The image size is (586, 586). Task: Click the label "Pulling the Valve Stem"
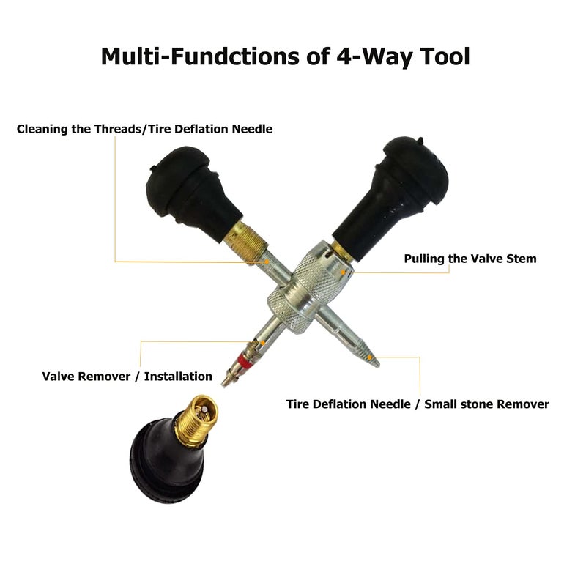[x=470, y=259]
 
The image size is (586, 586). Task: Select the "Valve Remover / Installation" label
[x=127, y=377]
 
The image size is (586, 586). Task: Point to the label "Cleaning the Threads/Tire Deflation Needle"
[x=144, y=129]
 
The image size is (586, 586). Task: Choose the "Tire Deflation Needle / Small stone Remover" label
[x=417, y=404]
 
